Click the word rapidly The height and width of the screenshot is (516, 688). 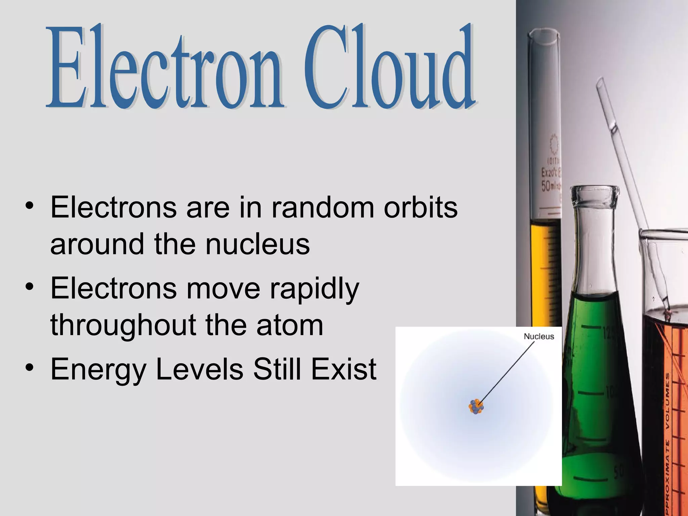pos(314,289)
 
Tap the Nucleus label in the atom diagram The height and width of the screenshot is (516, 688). pos(539,336)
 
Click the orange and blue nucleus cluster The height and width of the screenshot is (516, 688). pos(476,406)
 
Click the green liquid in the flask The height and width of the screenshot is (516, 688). pos(595,386)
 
